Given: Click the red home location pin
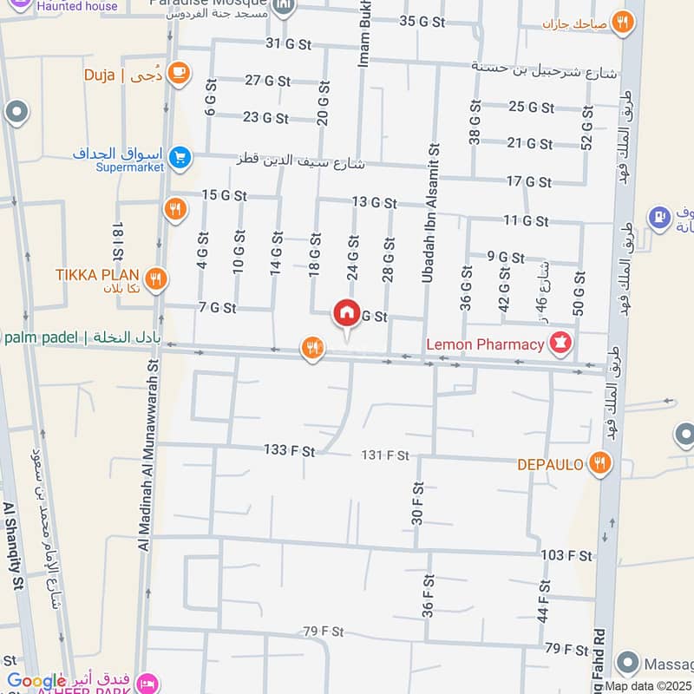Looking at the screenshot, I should point(346,314).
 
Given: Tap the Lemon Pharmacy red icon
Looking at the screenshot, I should point(560,344).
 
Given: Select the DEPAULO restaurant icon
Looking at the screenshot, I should point(599,464).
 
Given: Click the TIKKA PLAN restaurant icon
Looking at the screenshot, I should point(157,278).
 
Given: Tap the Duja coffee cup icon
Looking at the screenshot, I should point(180,74).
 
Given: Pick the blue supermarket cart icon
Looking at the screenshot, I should point(180,157).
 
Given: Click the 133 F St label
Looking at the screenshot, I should point(290,449).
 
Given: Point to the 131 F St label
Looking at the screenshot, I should point(384,455).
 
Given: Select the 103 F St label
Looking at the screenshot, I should point(566,555).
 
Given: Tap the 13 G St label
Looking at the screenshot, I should point(374,203).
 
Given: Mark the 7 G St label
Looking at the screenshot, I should point(217,307).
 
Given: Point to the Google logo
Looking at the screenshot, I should point(36,681).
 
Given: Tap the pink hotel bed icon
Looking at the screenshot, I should point(147,682).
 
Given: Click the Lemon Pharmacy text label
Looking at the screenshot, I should point(484,344).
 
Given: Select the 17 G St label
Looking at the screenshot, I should point(528,181).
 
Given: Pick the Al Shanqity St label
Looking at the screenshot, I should point(11,547).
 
